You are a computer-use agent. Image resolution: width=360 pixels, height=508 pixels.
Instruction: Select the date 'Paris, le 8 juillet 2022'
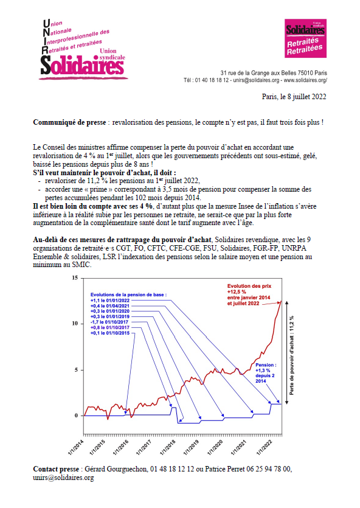294,96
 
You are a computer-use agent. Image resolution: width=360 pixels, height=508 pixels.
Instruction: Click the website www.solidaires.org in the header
305,80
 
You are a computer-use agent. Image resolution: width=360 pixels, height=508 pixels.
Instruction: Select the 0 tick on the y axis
77,416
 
